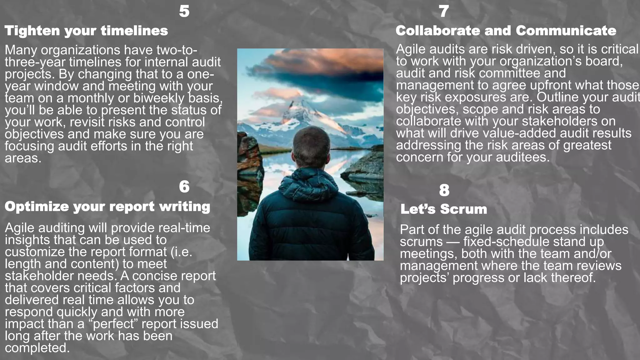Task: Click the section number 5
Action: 184,11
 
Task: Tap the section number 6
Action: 184,187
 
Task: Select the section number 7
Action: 444,11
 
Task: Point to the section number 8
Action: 444,190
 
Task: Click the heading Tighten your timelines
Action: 86,31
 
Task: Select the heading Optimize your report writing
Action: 107,207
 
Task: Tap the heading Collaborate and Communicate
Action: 506,31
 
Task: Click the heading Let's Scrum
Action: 444,209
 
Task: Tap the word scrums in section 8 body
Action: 421,242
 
